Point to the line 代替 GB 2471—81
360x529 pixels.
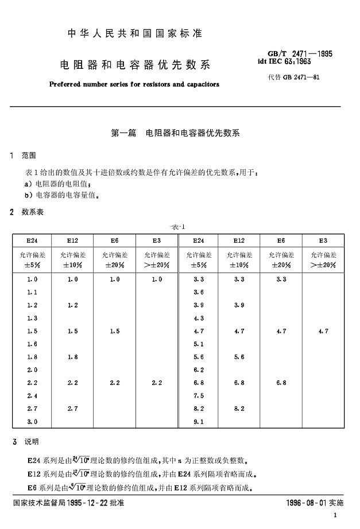tap(298, 77)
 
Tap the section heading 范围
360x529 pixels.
tap(29, 155)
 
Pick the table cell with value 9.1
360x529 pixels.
tap(199, 422)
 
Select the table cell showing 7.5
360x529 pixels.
tap(199, 395)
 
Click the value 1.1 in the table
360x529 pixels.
tap(32, 292)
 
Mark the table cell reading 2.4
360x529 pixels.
tap(32, 395)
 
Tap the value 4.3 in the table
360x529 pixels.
tap(199, 318)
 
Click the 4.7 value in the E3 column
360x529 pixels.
tap(323, 331)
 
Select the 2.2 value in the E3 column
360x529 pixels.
tap(157, 383)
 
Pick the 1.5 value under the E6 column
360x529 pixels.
tap(115, 331)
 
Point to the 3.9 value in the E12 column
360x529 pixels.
tap(240, 305)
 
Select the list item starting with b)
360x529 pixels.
tap(63, 195)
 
